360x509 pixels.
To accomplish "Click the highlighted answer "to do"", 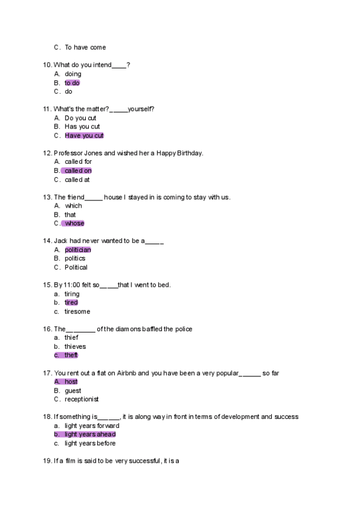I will click(x=72, y=83).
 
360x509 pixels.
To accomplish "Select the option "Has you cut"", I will click(x=82, y=127).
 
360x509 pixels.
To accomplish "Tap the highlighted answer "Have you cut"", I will click(x=84, y=136).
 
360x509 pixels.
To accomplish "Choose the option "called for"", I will click(x=78, y=161).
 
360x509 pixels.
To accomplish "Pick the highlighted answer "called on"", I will click(x=78, y=170).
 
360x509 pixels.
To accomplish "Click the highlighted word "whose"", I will click(x=74, y=223).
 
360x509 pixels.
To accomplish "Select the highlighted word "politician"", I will click(x=78, y=250).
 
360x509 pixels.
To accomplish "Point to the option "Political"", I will click(x=76, y=267).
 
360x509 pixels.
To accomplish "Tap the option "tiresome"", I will click(x=77, y=312).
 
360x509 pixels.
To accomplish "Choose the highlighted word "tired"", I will click(x=71, y=303).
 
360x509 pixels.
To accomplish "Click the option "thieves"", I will click(x=75, y=346).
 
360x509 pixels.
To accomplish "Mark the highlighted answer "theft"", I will click(x=71, y=355).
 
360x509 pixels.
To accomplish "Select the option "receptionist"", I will click(x=82, y=399).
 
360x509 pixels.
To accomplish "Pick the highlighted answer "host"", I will click(x=71, y=382).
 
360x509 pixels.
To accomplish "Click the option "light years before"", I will click(x=90, y=444).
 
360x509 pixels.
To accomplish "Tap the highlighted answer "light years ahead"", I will click(x=90, y=435).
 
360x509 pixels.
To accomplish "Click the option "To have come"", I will click(x=85, y=47).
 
